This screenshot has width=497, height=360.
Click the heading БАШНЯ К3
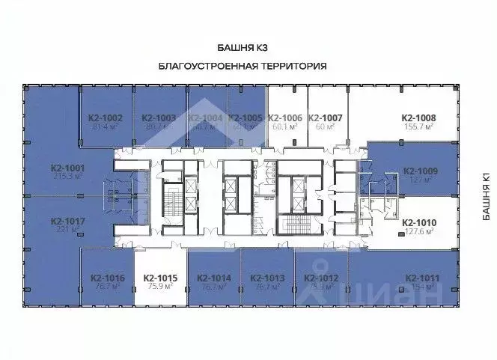pyautogui.click(x=243, y=48)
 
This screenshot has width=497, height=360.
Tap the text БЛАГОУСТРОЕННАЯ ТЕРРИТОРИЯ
pyautogui.click(x=243, y=66)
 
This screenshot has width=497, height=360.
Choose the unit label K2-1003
pyautogui.click(x=159, y=118)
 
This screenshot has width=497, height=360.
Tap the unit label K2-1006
pyautogui.click(x=284, y=118)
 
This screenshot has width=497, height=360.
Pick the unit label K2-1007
pyautogui.click(x=325, y=118)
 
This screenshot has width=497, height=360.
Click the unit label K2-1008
pyautogui.click(x=418, y=118)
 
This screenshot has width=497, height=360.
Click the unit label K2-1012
pyautogui.click(x=322, y=278)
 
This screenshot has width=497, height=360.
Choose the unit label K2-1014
pyautogui.click(x=214, y=278)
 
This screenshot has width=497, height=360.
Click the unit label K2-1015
pyautogui.click(x=160, y=278)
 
